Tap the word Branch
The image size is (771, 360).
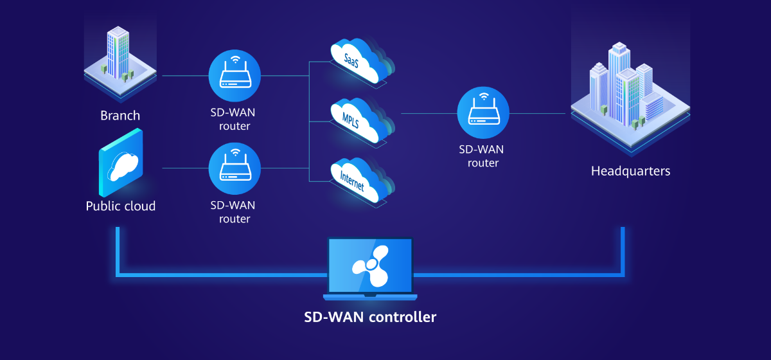120,116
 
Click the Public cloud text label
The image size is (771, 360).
121,206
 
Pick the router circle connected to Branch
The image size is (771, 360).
235,75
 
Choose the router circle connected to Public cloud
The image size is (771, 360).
235,168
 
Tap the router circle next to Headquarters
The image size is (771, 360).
483,113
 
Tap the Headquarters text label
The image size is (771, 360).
630,171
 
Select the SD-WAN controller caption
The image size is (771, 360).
370,317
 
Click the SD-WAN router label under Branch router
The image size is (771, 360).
235,120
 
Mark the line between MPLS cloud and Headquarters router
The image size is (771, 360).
427,113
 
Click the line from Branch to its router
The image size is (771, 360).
185,75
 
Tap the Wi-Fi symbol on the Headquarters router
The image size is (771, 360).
483,98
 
